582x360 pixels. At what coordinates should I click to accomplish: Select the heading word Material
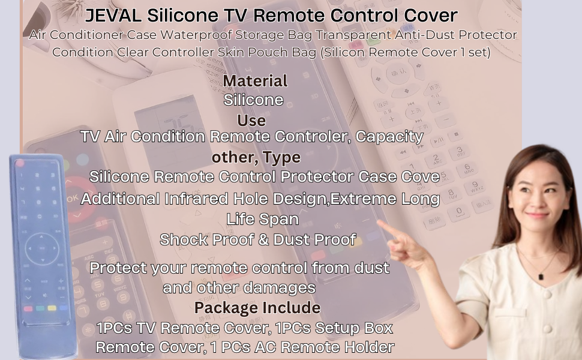click(255, 81)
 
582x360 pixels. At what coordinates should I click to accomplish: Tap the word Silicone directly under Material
click(253, 100)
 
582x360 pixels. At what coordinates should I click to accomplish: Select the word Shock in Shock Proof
click(179, 239)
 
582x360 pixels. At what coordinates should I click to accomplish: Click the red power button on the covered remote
click(20, 163)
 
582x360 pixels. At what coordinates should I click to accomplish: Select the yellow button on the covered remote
click(52, 308)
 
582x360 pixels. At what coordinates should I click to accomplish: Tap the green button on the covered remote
click(40, 308)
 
